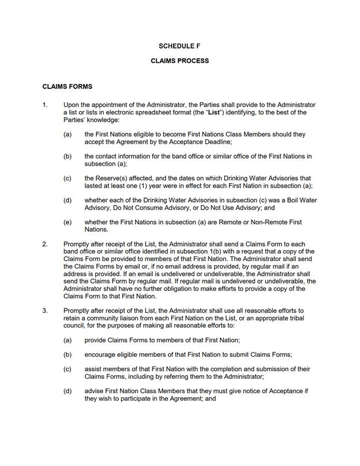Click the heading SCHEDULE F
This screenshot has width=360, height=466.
coord(179,46)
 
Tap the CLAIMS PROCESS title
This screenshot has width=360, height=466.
coord(179,61)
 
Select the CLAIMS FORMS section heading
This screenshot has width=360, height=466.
coord(67,87)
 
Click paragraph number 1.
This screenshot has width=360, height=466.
coord(45,105)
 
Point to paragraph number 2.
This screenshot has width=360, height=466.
coord(45,244)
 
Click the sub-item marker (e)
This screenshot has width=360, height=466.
coord(67,222)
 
